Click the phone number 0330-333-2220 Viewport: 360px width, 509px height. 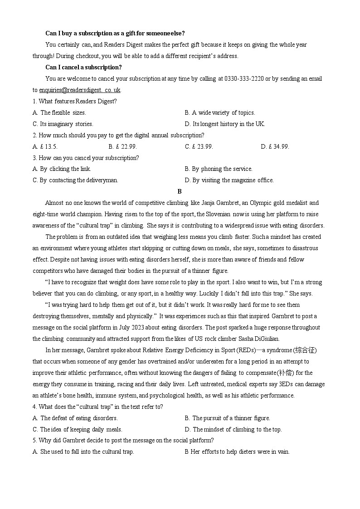coord(241,78)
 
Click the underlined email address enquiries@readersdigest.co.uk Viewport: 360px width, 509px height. coord(80,90)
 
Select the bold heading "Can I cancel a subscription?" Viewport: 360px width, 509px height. coord(83,68)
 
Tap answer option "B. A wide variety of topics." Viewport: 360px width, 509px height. coord(220,112)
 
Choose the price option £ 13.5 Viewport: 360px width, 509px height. coord(45,146)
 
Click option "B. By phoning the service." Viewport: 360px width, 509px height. coord(219,169)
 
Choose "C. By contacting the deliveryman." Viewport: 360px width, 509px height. coord(75,180)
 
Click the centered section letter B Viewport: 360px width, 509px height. coord(180,191)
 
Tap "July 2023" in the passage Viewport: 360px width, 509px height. coord(135,327)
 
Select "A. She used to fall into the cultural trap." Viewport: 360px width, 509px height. coord(83,451)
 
